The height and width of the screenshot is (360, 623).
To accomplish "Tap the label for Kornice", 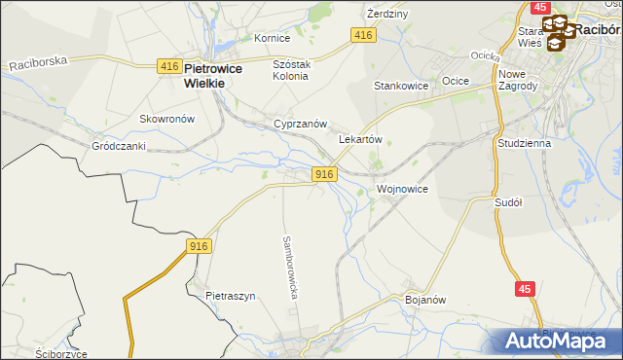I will click(273, 39).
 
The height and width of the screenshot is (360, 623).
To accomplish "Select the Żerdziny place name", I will click(386, 15).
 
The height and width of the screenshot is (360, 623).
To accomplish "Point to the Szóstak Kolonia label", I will click(290, 69).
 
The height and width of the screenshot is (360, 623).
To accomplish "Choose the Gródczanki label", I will click(118, 146).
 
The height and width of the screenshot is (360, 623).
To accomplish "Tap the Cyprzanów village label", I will click(299, 126).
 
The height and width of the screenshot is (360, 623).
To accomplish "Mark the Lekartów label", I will click(359, 139).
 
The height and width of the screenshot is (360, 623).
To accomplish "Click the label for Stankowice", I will click(402, 86).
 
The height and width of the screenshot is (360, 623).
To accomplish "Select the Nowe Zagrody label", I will click(518, 79).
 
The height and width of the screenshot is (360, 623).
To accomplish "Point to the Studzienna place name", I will click(524, 143).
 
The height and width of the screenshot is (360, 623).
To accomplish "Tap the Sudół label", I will click(509, 202).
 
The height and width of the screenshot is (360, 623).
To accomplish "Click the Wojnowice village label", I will click(402, 189).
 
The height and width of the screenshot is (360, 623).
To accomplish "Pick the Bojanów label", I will click(424, 300).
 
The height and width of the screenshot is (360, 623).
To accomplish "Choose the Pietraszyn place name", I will click(230, 295).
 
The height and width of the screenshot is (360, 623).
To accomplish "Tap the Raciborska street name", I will click(39, 62).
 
